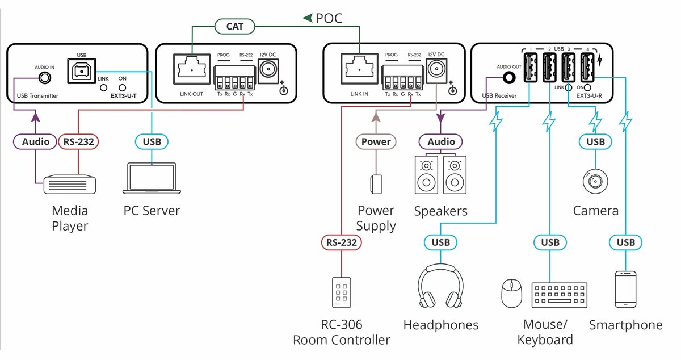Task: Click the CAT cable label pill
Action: [x=234, y=27]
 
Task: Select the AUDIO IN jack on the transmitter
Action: [x=45, y=78]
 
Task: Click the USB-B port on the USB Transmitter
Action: [x=82, y=71]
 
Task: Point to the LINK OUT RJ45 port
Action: [x=192, y=69]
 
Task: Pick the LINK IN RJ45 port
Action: [x=359, y=69]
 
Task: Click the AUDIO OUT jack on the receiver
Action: [x=509, y=78]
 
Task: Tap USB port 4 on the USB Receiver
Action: [x=587, y=67]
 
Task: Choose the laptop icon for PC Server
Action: [x=152, y=178]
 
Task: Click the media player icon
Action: [x=70, y=185]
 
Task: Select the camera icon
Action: [x=595, y=181]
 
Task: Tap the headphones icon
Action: [x=440, y=286]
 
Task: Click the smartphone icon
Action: [x=625, y=290]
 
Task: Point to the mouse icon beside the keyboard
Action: [x=511, y=294]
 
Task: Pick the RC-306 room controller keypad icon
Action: [x=342, y=292]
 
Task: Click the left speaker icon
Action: [x=426, y=175]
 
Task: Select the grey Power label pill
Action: [x=376, y=141]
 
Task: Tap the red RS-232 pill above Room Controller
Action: [x=342, y=242]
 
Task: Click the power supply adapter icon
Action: [x=376, y=184]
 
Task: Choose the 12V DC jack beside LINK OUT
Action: [x=268, y=70]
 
